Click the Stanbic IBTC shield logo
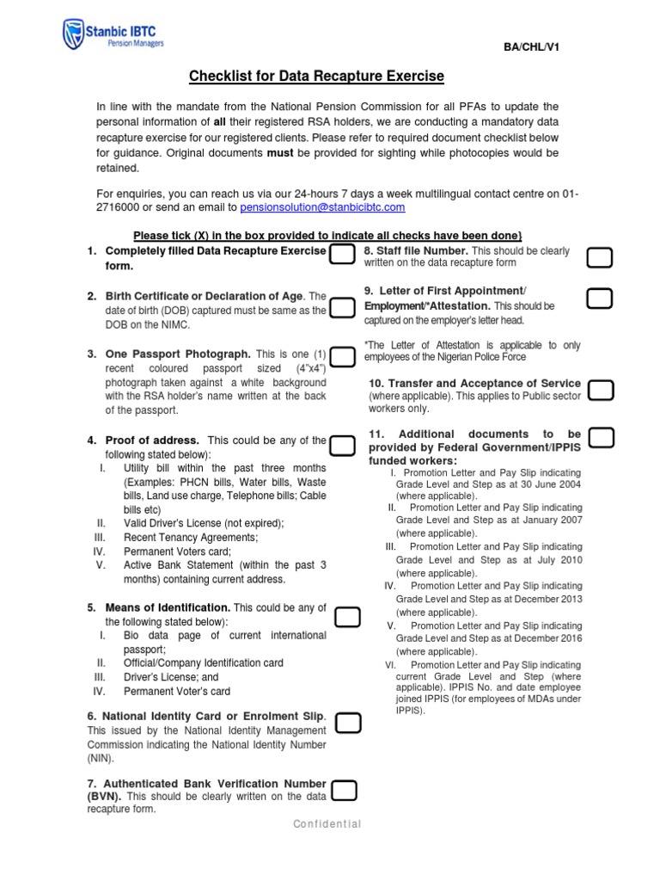[74, 34]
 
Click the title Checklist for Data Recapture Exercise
[316, 77]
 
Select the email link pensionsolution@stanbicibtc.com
[322, 207]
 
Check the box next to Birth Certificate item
[342, 307]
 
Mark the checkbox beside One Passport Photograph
[342, 357]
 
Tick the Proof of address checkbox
[342, 445]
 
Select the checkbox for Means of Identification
[347, 617]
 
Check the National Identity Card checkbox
[347, 723]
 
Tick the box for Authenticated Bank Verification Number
[344, 791]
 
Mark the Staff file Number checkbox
[599, 257]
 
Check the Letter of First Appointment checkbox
[599, 299]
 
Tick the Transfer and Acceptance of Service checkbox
[601, 391]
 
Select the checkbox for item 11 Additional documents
[601, 438]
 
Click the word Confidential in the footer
[327, 824]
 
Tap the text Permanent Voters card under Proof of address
[177, 551]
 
